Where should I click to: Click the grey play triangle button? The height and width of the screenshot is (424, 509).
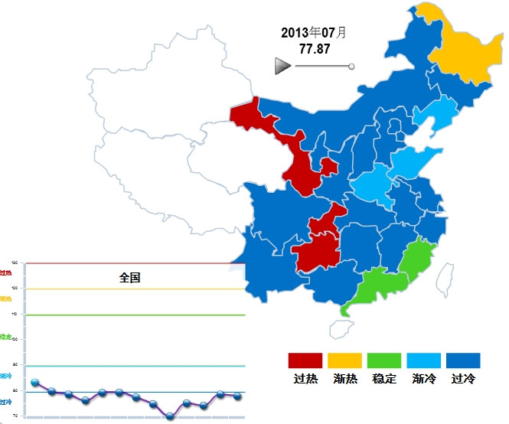pyautogui.click(x=282, y=67)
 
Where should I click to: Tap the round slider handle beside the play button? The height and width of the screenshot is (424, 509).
pyautogui.click(x=351, y=67)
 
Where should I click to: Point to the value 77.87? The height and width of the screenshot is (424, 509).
pyautogui.click(x=314, y=48)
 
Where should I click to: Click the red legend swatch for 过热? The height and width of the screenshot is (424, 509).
pyautogui.click(x=305, y=360)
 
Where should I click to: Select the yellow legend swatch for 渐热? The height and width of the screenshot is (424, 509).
pyautogui.click(x=344, y=360)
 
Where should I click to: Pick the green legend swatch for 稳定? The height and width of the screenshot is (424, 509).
pyautogui.click(x=384, y=360)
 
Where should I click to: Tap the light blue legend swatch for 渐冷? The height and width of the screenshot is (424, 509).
pyautogui.click(x=424, y=360)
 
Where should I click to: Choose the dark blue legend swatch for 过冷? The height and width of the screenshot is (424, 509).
pyautogui.click(x=463, y=360)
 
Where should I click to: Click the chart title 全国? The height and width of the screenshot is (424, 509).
pyautogui.click(x=130, y=278)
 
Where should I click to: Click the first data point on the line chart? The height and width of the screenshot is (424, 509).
pyautogui.click(x=35, y=383)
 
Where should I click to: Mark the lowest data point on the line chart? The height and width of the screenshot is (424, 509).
pyautogui.click(x=170, y=416)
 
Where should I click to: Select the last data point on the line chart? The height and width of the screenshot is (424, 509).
pyautogui.click(x=237, y=396)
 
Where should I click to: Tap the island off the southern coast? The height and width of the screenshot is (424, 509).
pyautogui.click(x=341, y=329)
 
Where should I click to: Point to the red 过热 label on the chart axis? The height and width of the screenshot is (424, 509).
pyautogui.click(x=6, y=272)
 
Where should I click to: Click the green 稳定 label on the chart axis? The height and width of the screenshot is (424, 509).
pyautogui.click(x=5, y=337)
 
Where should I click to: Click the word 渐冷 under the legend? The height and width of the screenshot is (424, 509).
pyautogui.click(x=423, y=379)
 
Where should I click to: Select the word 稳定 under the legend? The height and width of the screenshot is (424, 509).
pyautogui.click(x=384, y=379)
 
